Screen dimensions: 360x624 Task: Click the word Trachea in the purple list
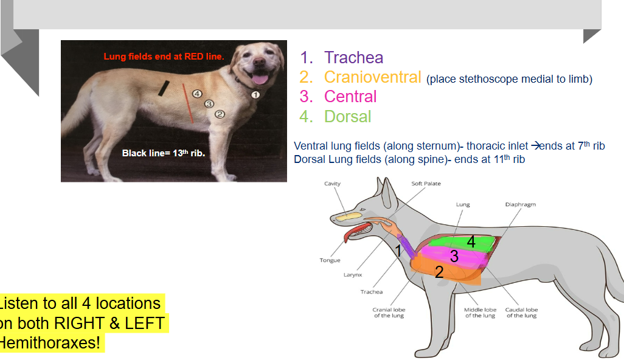(x=353, y=58)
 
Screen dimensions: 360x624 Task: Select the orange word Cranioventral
(x=372, y=77)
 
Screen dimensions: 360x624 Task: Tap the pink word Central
(x=350, y=97)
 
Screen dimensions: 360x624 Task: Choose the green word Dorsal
(x=347, y=116)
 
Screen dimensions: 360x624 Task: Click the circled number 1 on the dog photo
(x=255, y=95)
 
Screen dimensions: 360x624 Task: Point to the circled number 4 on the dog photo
(x=196, y=94)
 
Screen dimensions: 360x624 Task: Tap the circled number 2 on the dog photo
(x=220, y=114)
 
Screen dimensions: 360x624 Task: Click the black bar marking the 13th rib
(x=164, y=88)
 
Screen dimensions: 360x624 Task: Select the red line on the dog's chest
(x=188, y=103)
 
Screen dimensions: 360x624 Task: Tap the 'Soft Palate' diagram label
(x=426, y=184)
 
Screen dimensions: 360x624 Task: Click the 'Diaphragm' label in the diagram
(x=520, y=205)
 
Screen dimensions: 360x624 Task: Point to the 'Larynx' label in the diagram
(x=352, y=275)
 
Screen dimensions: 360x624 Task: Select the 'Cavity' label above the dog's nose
(x=332, y=184)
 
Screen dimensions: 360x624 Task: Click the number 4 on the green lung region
(x=471, y=241)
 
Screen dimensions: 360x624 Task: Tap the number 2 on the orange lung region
(x=439, y=272)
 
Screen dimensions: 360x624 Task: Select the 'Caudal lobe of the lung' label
(x=522, y=313)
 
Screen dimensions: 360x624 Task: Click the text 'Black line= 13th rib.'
(x=164, y=153)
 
